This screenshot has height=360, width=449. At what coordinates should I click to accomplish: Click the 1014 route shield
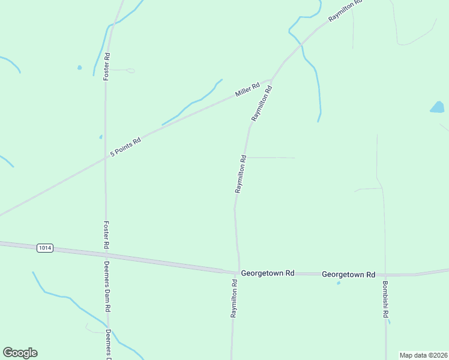tap(44, 248)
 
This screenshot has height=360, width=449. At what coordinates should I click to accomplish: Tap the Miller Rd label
tap(247, 91)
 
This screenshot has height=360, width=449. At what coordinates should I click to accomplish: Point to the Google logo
tap(20, 353)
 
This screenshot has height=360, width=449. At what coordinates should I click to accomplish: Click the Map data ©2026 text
tap(424, 355)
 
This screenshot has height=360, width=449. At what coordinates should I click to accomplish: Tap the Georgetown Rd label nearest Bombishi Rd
tap(348, 274)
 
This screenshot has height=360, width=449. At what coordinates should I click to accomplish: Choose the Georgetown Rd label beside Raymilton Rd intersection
tap(267, 273)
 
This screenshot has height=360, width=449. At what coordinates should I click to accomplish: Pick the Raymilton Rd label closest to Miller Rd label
tap(262, 104)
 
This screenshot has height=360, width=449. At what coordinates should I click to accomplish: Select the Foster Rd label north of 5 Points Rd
tap(106, 67)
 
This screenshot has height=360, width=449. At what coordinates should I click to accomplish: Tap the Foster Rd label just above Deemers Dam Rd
tap(106, 235)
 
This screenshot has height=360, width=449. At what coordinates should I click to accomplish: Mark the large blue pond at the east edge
tap(437, 107)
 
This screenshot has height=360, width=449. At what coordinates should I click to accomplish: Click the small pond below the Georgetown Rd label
tap(339, 283)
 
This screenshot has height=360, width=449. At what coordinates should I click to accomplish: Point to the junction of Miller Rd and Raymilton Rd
tap(271, 80)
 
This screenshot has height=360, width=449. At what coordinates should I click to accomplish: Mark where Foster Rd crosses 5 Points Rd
tap(106, 160)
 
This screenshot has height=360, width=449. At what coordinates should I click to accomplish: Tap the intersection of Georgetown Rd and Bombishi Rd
tap(385, 274)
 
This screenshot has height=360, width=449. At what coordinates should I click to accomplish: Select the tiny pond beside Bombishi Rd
tap(389, 322)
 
